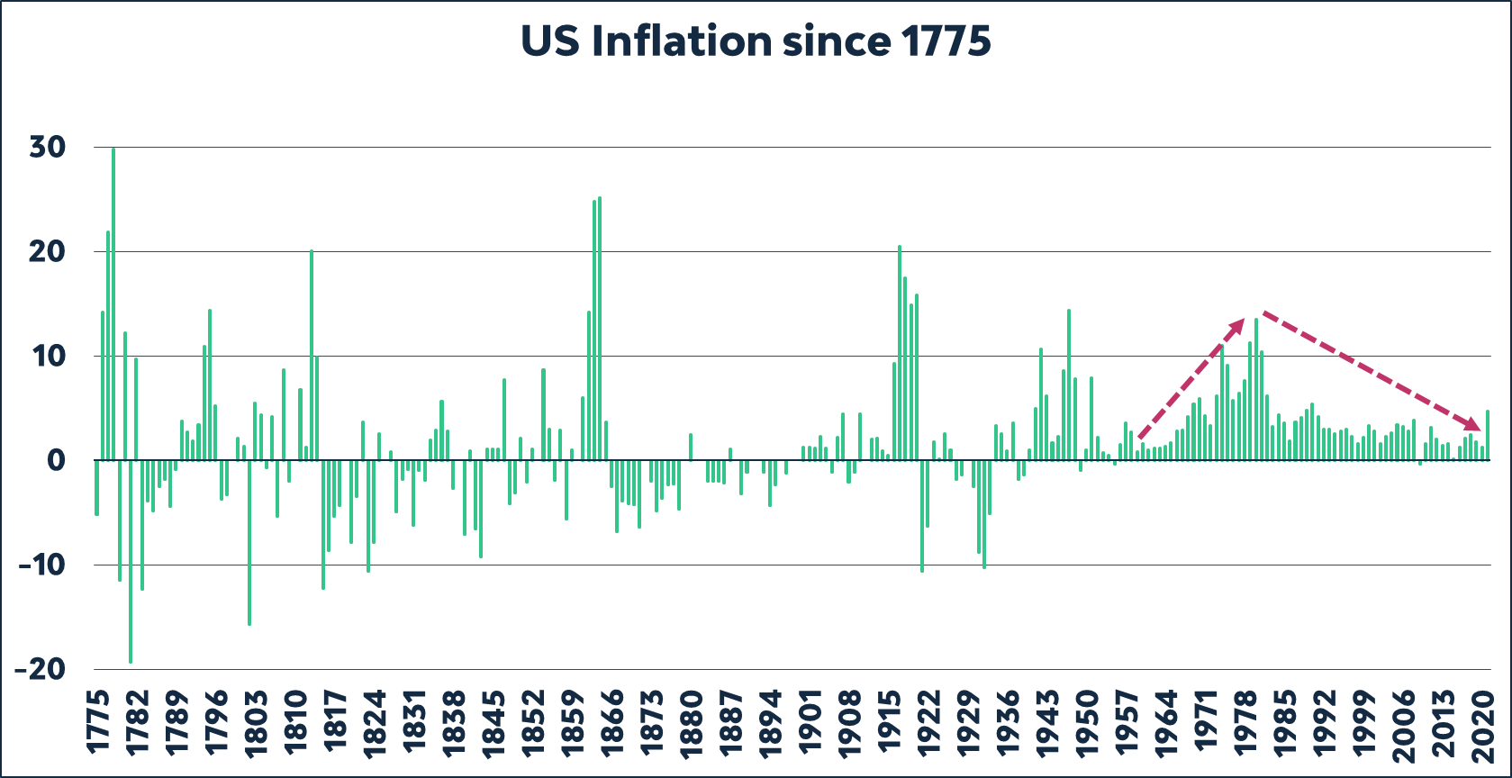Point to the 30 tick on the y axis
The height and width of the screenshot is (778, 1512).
(x=48, y=147)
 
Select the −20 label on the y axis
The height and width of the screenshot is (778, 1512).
(x=41, y=669)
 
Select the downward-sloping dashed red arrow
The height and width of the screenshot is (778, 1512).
(x=1369, y=369)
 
